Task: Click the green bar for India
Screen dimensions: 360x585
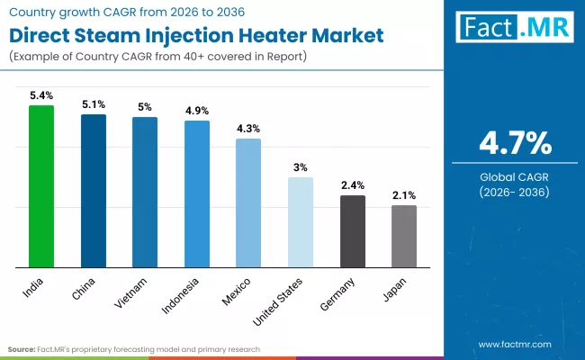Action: (41, 186)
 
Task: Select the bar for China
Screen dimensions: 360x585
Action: (94, 191)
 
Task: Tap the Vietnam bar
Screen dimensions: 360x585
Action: (145, 192)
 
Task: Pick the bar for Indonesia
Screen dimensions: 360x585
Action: (197, 193)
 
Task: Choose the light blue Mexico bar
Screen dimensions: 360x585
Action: (248, 202)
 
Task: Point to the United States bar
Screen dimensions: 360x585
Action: (301, 222)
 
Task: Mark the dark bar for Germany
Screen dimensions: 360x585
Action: (353, 231)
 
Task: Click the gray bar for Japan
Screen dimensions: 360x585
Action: (404, 236)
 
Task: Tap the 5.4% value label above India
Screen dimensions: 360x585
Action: (41, 94)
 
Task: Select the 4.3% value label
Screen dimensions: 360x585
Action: (248, 128)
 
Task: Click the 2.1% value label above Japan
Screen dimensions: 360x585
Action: (404, 194)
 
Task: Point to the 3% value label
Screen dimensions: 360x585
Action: (301, 166)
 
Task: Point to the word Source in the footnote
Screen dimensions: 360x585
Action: (22, 348)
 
